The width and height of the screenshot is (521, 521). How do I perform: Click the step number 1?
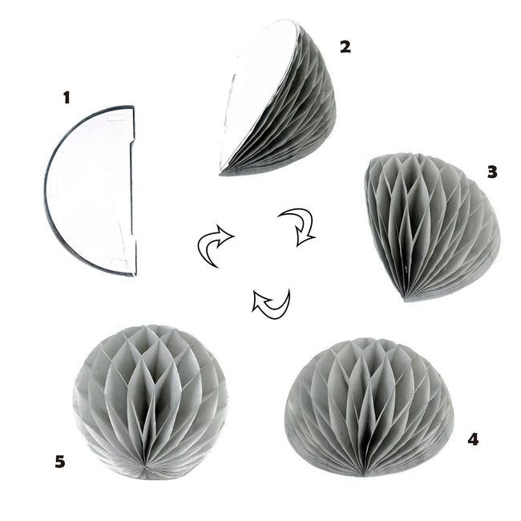[67, 98]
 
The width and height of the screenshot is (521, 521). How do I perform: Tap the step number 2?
[345, 46]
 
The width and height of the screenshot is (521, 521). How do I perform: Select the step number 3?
[492, 172]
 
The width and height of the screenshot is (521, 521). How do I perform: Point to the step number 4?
[473, 439]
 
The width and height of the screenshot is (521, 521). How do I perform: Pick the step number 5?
[60, 462]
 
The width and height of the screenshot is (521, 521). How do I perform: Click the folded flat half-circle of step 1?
[90, 191]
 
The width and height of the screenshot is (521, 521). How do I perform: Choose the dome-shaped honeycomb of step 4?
[369, 407]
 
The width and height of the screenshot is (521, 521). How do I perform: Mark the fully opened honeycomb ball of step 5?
[150, 402]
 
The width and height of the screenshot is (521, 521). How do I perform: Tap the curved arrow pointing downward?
[298, 226]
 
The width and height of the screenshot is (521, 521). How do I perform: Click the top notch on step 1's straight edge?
[132, 143]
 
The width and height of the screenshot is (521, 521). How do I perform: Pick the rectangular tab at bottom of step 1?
[120, 262]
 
